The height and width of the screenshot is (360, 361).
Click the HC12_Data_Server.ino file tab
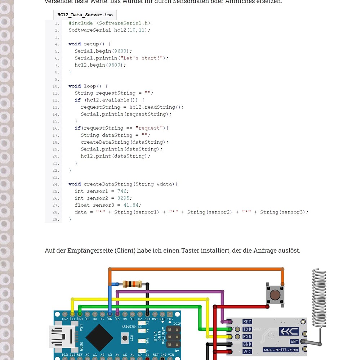[85, 15]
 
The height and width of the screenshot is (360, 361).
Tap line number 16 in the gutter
[55, 128]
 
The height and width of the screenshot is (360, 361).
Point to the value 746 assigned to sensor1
[122, 191]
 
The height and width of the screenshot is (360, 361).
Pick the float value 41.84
[131, 205]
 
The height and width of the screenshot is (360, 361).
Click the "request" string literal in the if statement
[149, 128]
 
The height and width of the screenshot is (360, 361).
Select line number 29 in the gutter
[55, 219]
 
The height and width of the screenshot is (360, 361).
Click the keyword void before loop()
[75, 86]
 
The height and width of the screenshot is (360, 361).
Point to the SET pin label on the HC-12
[247, 322]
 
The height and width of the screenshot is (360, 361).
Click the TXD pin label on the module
[247, 329]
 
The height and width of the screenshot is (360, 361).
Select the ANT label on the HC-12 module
[294, 342]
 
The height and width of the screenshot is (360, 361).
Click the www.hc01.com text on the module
[281, 350]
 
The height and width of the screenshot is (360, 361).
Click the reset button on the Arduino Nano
[125, 338]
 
